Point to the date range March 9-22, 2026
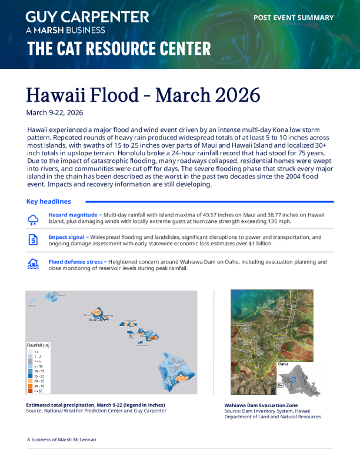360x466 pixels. [x=55, y=112]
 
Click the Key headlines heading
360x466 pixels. [x=49, y=201]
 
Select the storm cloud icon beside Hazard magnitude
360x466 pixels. [x=34, y=219]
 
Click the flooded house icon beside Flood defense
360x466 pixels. [x=34, y=264]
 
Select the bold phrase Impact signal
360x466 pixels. [x=68, y=237]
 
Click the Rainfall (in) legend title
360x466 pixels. [x=39, y=345]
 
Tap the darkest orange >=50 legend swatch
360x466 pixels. [x=31, y=391]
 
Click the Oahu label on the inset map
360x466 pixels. [x=283, y=364]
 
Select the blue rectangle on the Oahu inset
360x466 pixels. [x=294, y=380]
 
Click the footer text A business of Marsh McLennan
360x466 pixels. [x=62, y=440]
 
